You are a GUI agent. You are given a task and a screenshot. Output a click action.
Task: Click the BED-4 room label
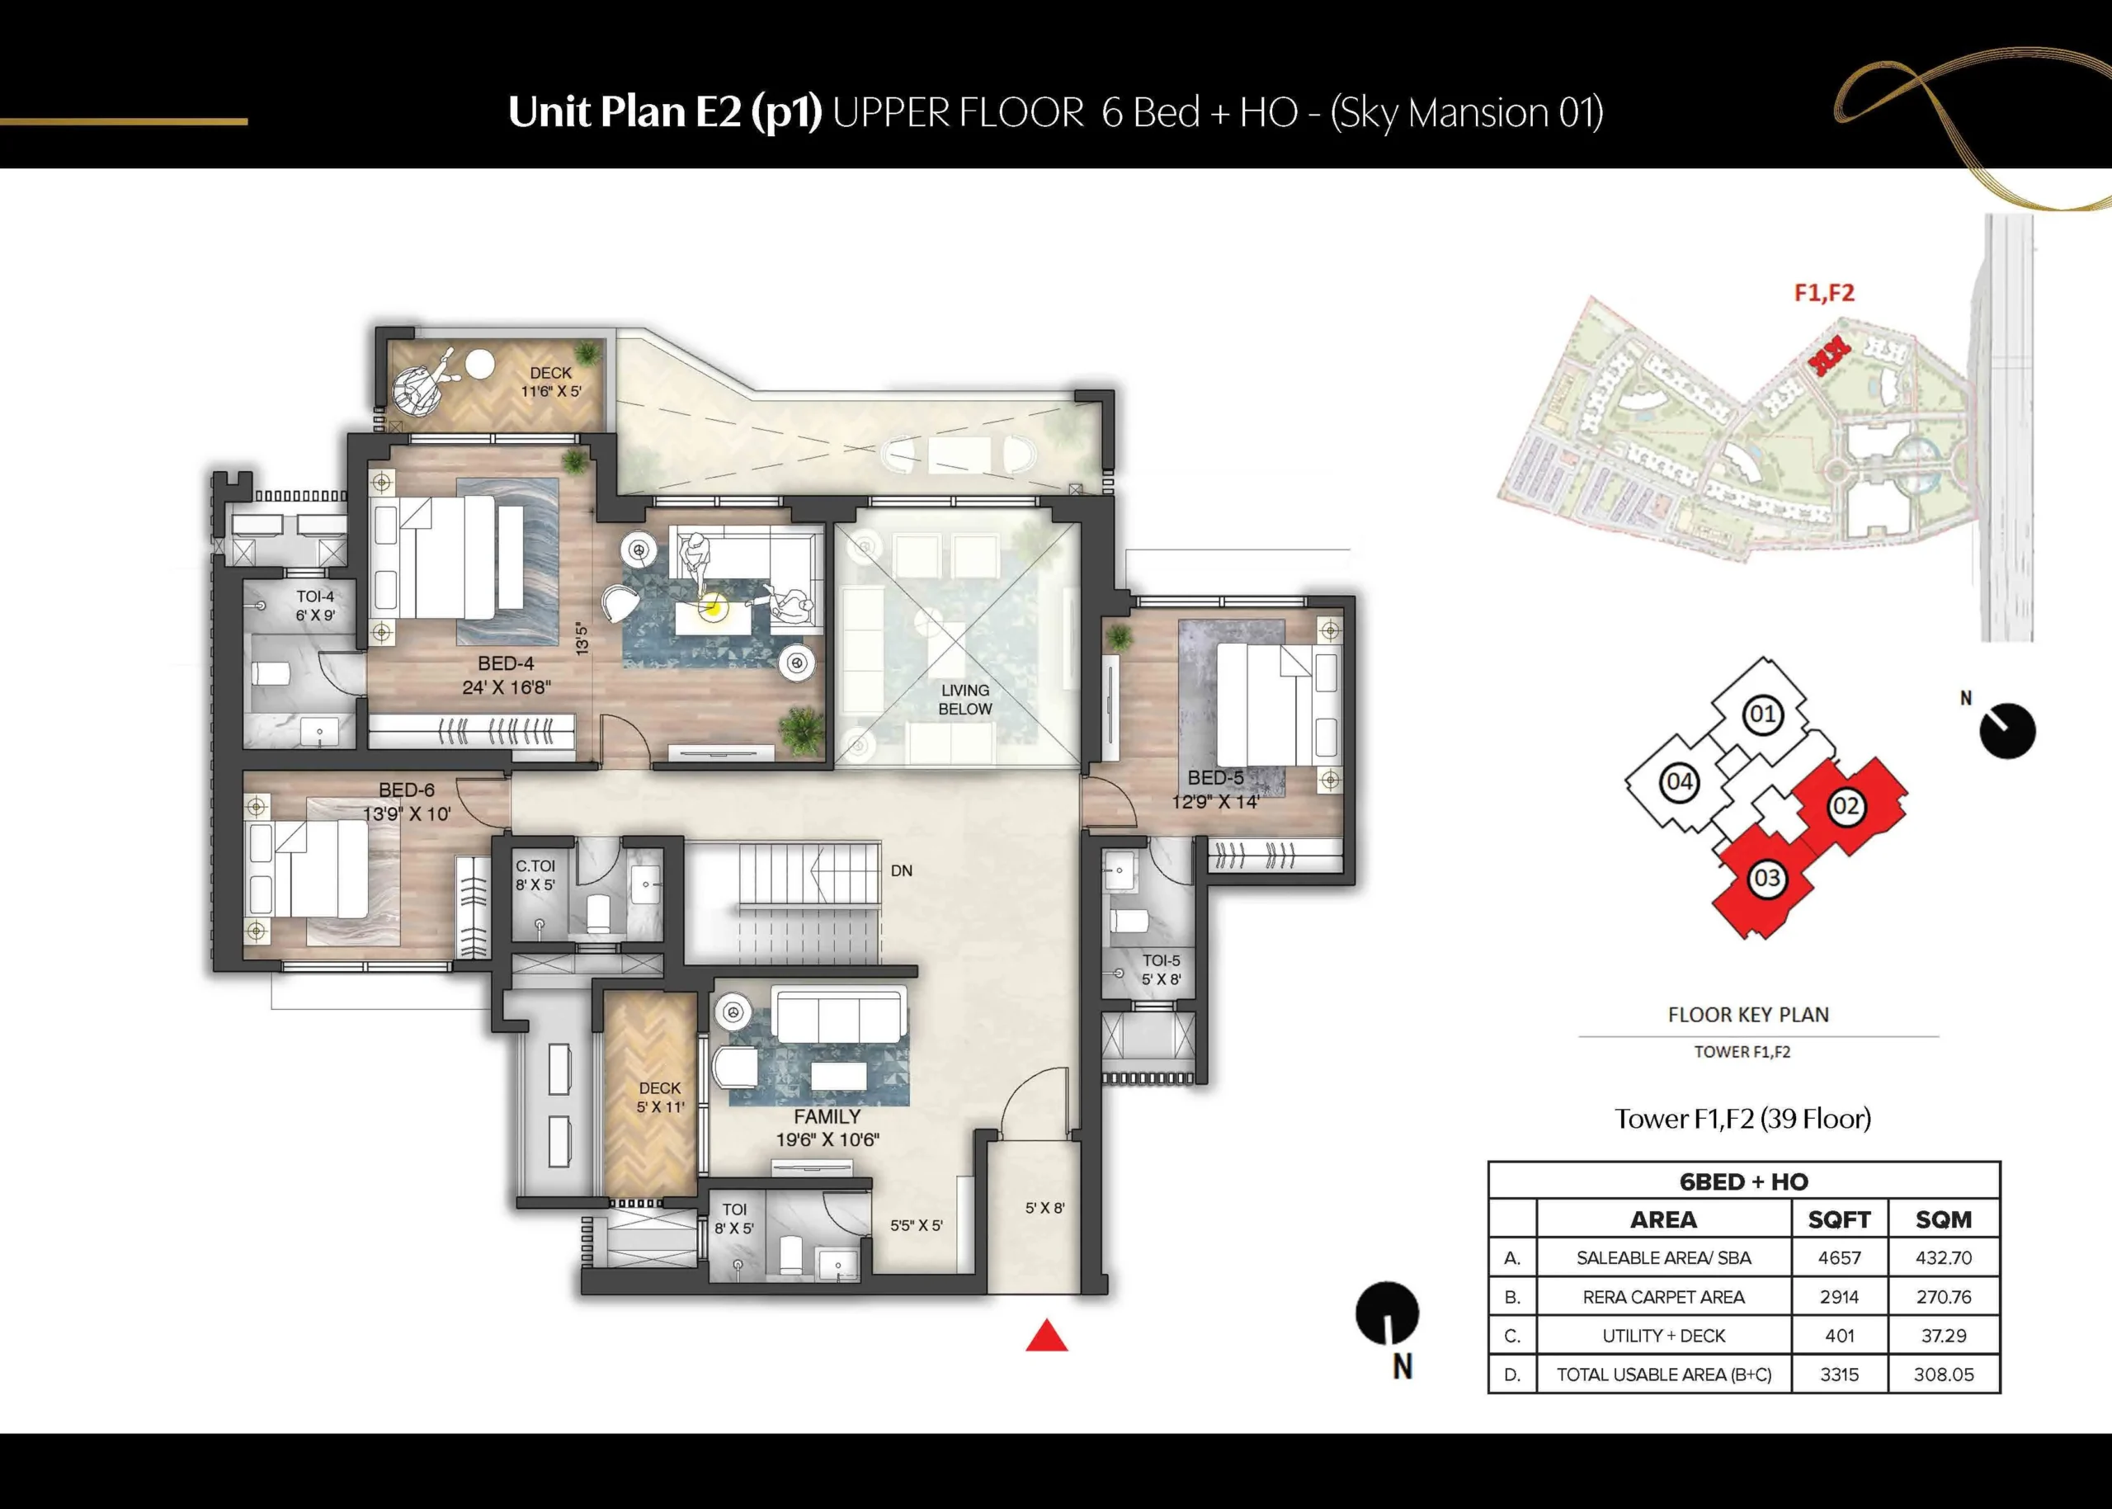point(507,663)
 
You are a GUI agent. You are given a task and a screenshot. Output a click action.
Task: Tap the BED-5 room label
point(1215,778)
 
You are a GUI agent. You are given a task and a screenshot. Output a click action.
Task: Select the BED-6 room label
point(406,790)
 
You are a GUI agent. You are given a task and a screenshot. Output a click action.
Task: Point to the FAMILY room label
point(827,1117)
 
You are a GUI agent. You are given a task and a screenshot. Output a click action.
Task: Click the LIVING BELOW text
point(965,700)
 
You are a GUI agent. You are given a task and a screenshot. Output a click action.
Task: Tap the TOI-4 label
point(315,597)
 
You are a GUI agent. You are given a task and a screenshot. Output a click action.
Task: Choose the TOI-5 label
point(1162,961)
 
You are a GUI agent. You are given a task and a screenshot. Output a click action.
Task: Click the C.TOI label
point(535,866)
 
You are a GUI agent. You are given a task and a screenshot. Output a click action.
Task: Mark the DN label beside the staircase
point(901,870)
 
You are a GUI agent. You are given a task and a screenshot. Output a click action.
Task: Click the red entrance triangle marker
point(1047,1337)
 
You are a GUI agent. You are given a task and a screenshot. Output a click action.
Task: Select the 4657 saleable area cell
point(1840,1258)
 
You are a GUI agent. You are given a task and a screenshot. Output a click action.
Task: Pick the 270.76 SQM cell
point(1944,1297)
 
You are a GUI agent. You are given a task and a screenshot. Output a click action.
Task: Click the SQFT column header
point(1840,1219)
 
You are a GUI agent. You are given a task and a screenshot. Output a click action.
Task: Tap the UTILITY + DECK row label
point(1663,1337)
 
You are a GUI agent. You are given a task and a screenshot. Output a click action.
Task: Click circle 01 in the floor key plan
point(1763,714)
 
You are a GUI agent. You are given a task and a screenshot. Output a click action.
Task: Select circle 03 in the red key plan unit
point(1766,879)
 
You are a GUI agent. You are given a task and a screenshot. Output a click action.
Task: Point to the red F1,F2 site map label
point(1824,293)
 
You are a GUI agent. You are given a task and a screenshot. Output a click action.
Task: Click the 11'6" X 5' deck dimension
point(551,391)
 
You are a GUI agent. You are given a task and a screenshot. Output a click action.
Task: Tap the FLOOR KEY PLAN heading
point(1749,1015)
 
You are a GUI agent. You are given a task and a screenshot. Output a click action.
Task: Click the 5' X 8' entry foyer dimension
point(1045,1208)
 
